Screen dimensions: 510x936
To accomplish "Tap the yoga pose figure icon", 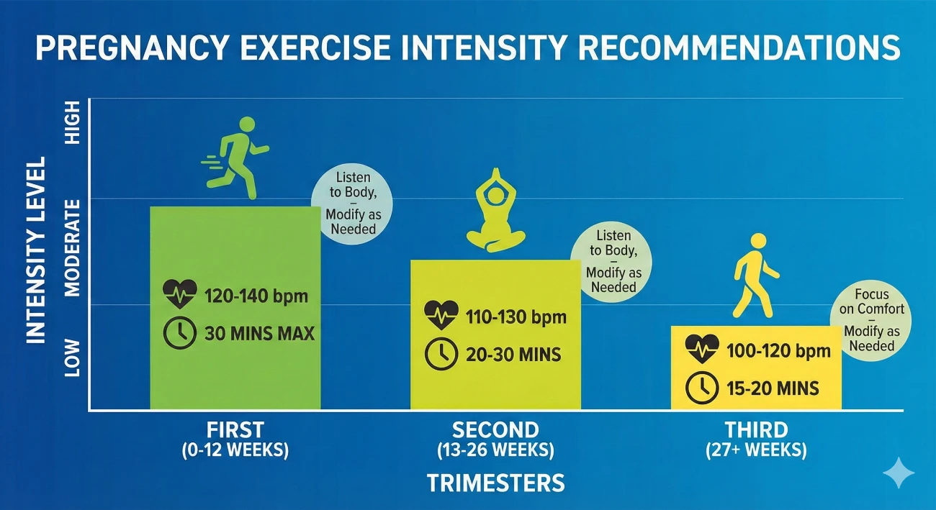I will (x=495, y=213).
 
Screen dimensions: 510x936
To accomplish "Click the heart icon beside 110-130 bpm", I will (x=440, y=315).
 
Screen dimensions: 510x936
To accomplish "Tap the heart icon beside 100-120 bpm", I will (x=701, y=350).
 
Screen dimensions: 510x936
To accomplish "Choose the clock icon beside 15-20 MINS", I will (x=701, y=388).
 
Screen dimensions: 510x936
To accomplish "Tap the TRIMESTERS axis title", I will (x=495, y=483).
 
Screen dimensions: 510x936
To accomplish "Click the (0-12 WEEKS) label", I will (x=236, y=451).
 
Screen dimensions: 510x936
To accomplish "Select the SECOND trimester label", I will (x=495, y=429).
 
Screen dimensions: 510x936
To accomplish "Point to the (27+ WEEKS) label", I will (x=756, y=451).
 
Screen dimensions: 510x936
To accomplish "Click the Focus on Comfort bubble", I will (x=871, y=320).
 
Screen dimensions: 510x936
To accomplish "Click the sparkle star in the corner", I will (x=899, y=473).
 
